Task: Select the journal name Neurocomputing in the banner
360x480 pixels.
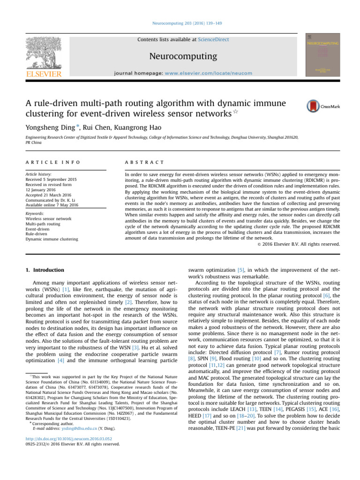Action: point(183,57)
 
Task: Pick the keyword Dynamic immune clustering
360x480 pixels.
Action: point(52,239)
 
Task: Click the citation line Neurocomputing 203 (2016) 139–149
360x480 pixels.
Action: point(180,22)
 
